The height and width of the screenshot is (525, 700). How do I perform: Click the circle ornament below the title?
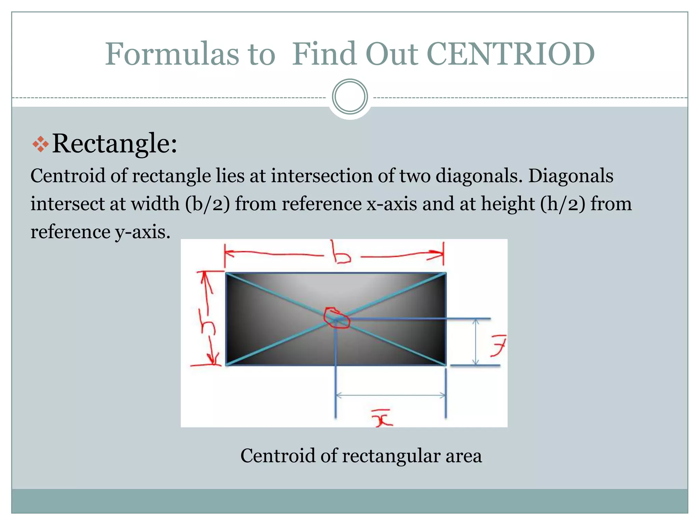click(x=350, y=97)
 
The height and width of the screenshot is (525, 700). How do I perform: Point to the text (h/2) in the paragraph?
click(x=563, y=204)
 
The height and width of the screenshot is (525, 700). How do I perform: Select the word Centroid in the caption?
click(x=278, y=456)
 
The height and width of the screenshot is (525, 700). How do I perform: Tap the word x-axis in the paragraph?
click(x=392, y=204)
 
